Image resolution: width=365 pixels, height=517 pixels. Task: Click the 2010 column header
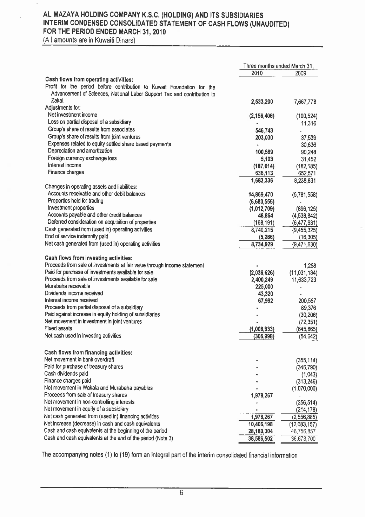[257, 73]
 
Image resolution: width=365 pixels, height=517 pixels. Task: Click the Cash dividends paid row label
[66, 374]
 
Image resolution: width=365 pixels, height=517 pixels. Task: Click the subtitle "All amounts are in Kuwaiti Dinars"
[88, 40]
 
